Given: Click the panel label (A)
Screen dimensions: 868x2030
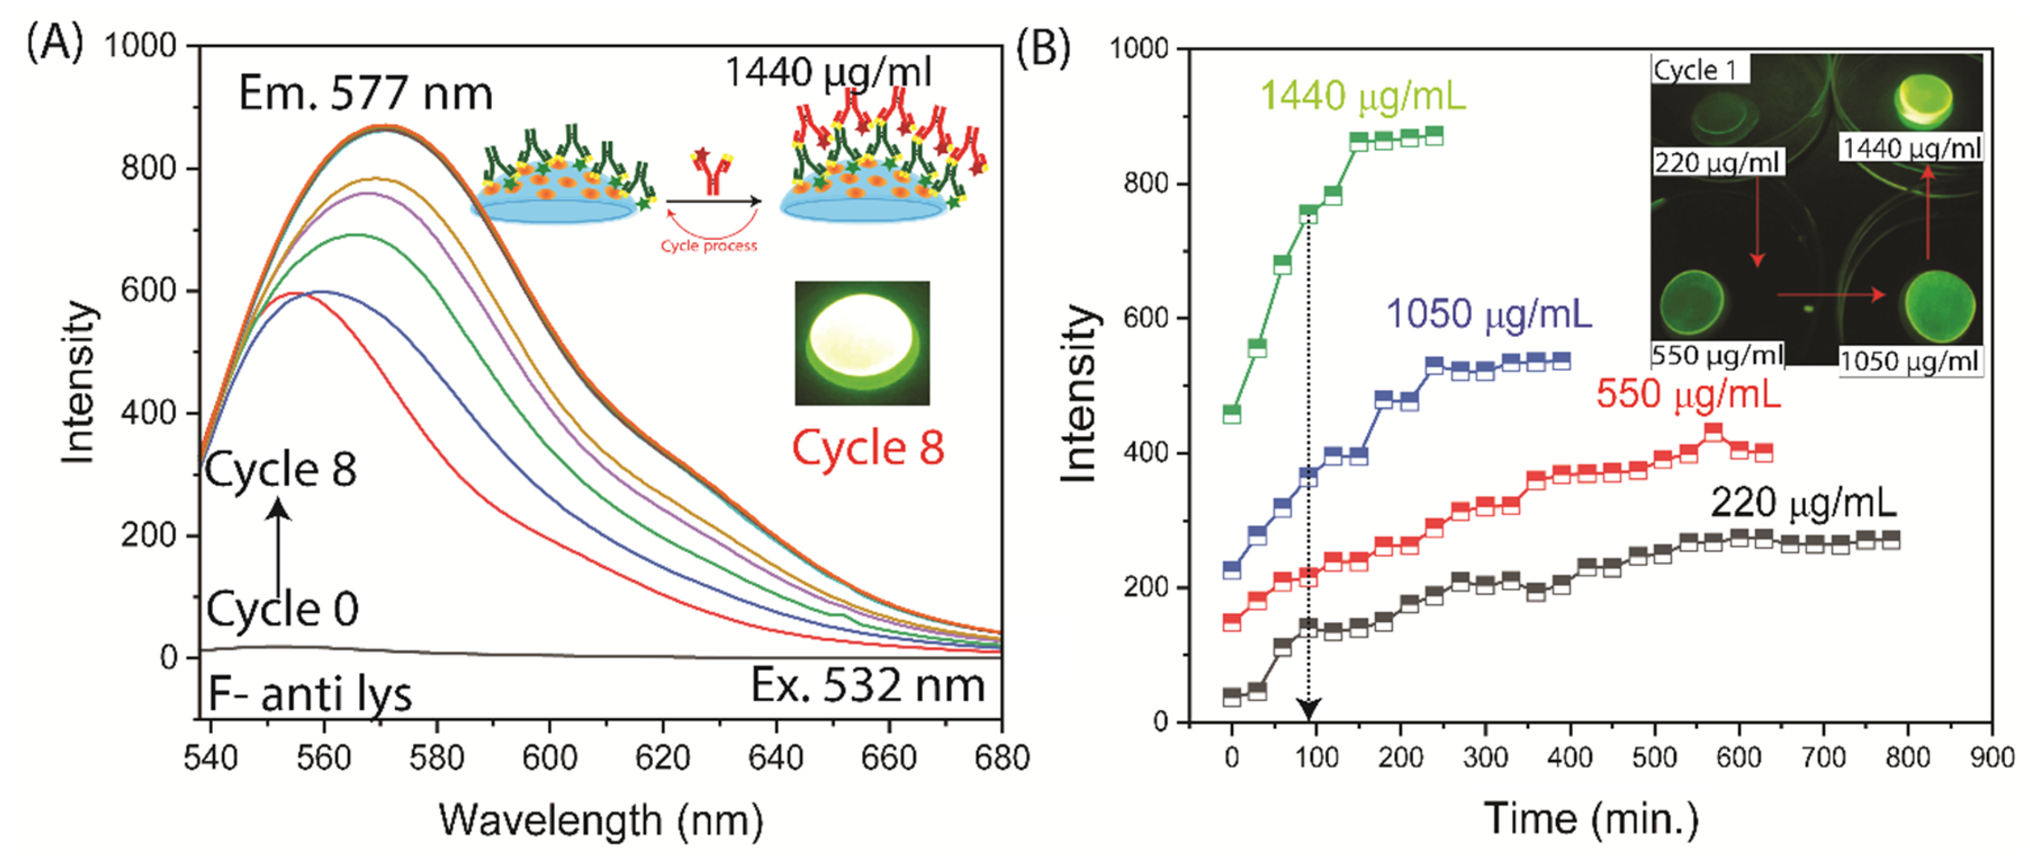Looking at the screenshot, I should [x=54, y=43].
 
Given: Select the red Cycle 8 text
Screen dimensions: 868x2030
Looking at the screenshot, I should [x=867, y=448].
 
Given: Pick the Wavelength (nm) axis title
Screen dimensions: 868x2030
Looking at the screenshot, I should [x=601, y=821].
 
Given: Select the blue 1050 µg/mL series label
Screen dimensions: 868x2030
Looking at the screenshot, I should [x=1488, y=314].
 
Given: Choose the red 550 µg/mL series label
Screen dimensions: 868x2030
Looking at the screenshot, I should [x=1688, y=392].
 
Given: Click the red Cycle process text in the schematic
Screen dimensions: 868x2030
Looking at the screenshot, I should [x=708, y=246].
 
